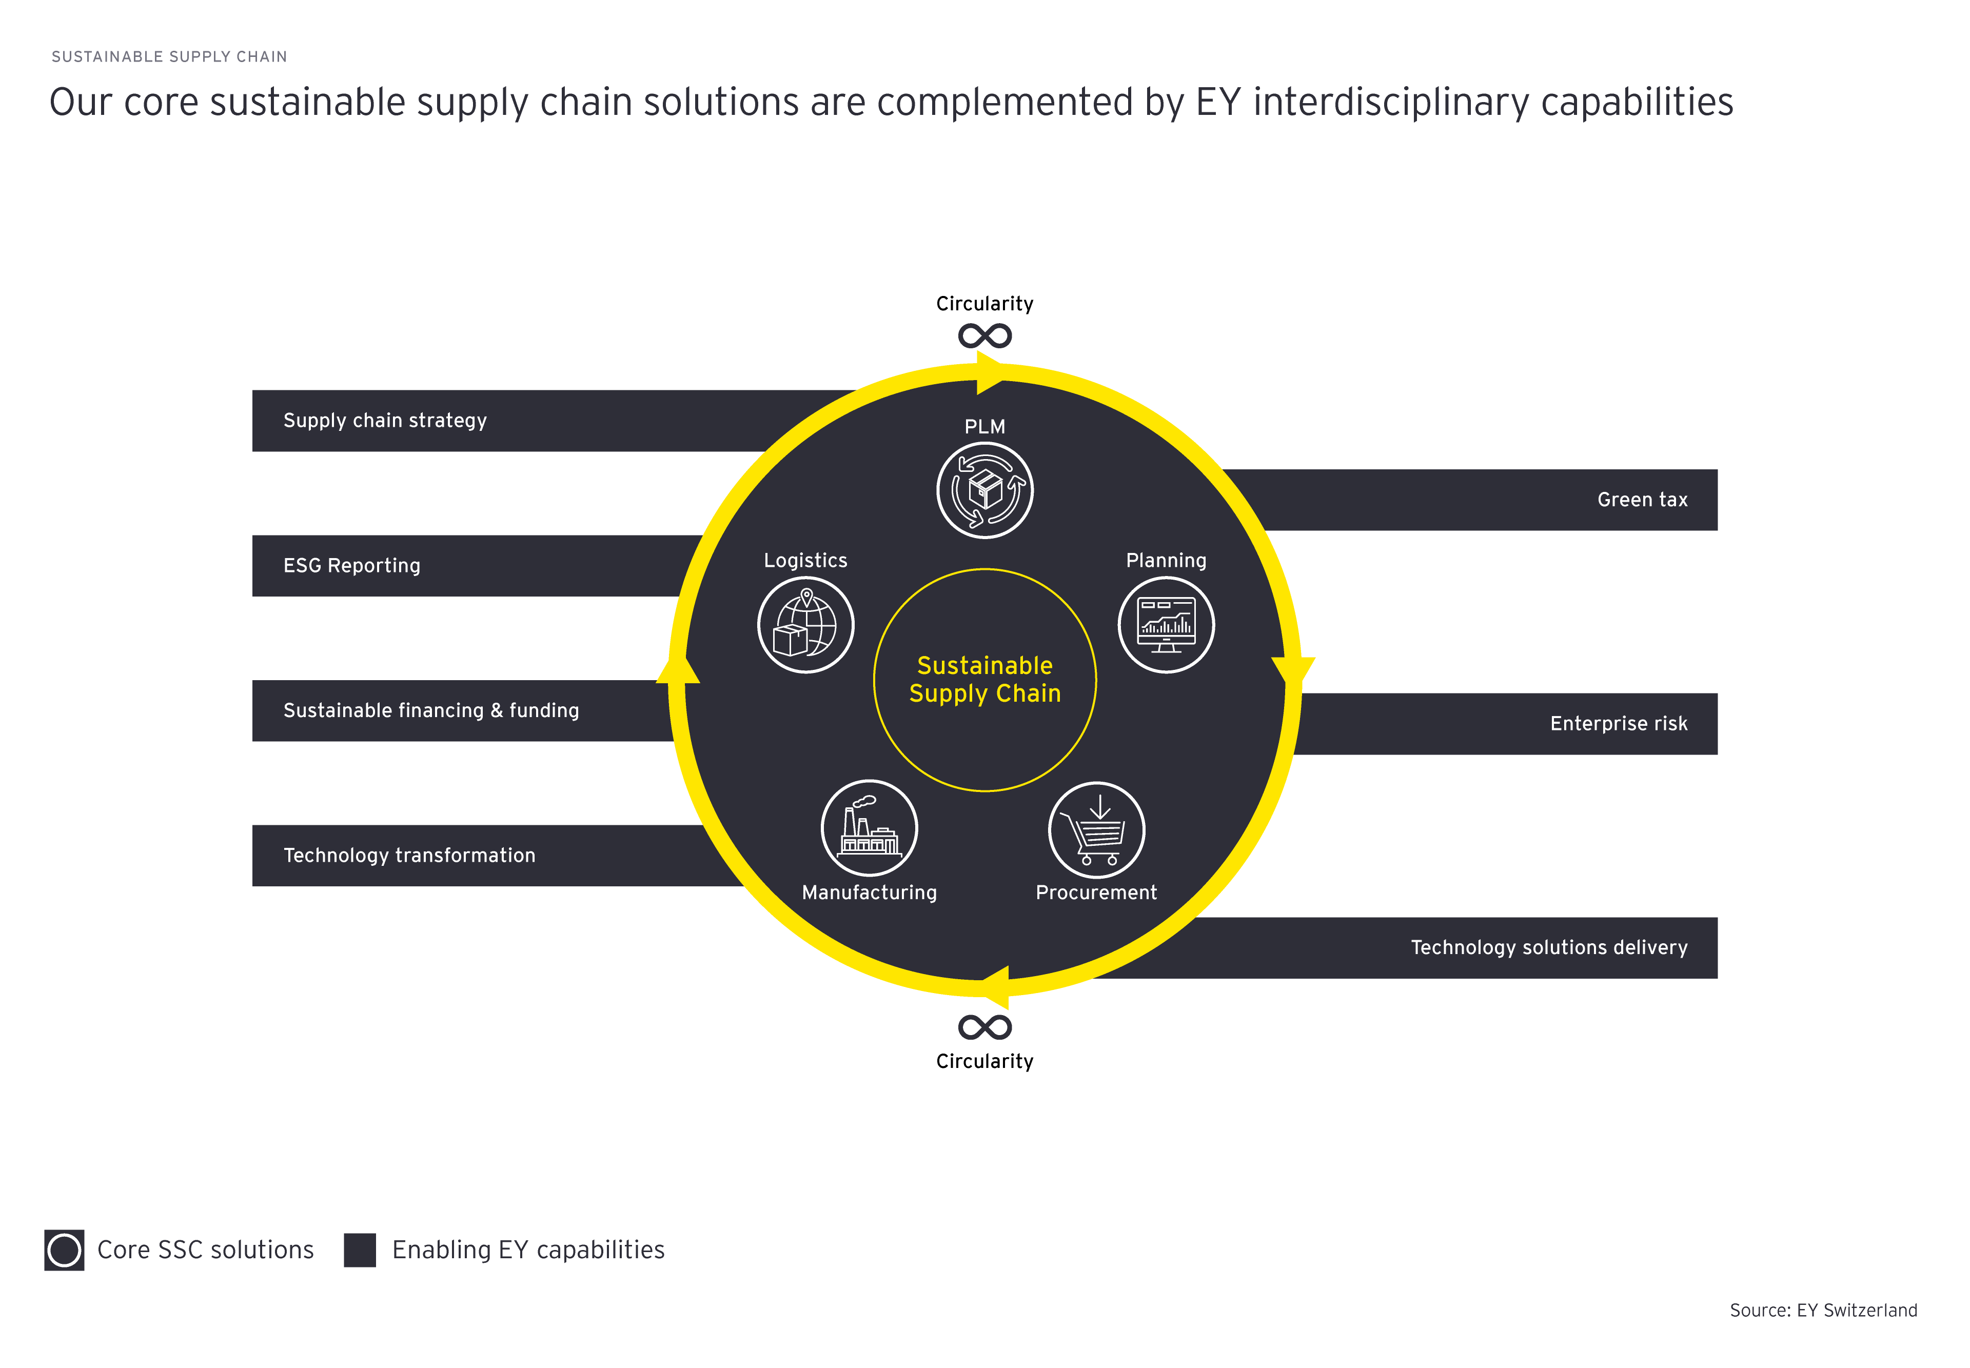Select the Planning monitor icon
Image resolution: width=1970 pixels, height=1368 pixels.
[x=1166, y=625]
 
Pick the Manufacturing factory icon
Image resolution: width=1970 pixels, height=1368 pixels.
[x=869, y=828]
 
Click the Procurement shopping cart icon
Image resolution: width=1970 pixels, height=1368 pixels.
[x=1096, y=830]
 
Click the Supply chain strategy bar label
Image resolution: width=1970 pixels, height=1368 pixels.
[x=385, y=421]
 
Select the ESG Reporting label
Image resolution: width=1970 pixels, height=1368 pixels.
[x=351, y=566]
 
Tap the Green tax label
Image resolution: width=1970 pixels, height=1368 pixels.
[x=1642, y=500]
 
